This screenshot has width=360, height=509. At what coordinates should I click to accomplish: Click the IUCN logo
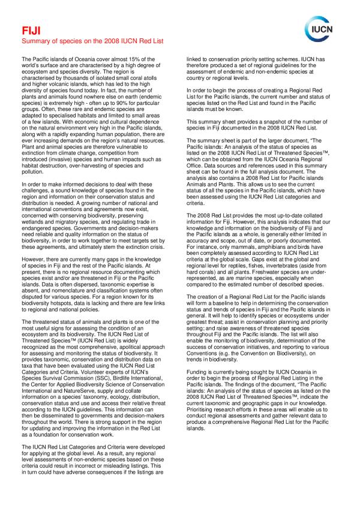[326, 27]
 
